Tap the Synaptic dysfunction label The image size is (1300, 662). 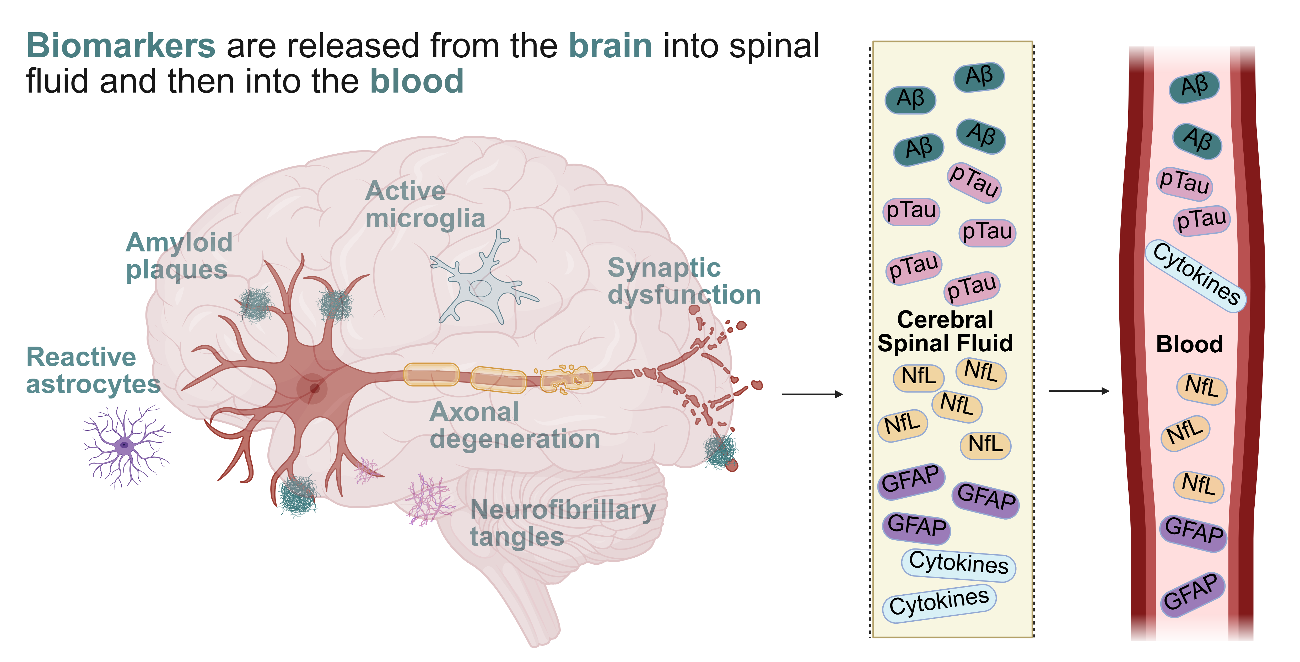click(684, 281)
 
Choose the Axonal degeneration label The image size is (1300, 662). click(514, 425)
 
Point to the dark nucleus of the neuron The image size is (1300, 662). click(314, 388)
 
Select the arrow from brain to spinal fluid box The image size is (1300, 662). click(812, 394)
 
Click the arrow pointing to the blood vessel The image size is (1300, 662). click(1079, 391)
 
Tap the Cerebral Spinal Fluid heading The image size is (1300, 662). click(945, 331)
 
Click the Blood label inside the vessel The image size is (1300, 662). click(1189, 344)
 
